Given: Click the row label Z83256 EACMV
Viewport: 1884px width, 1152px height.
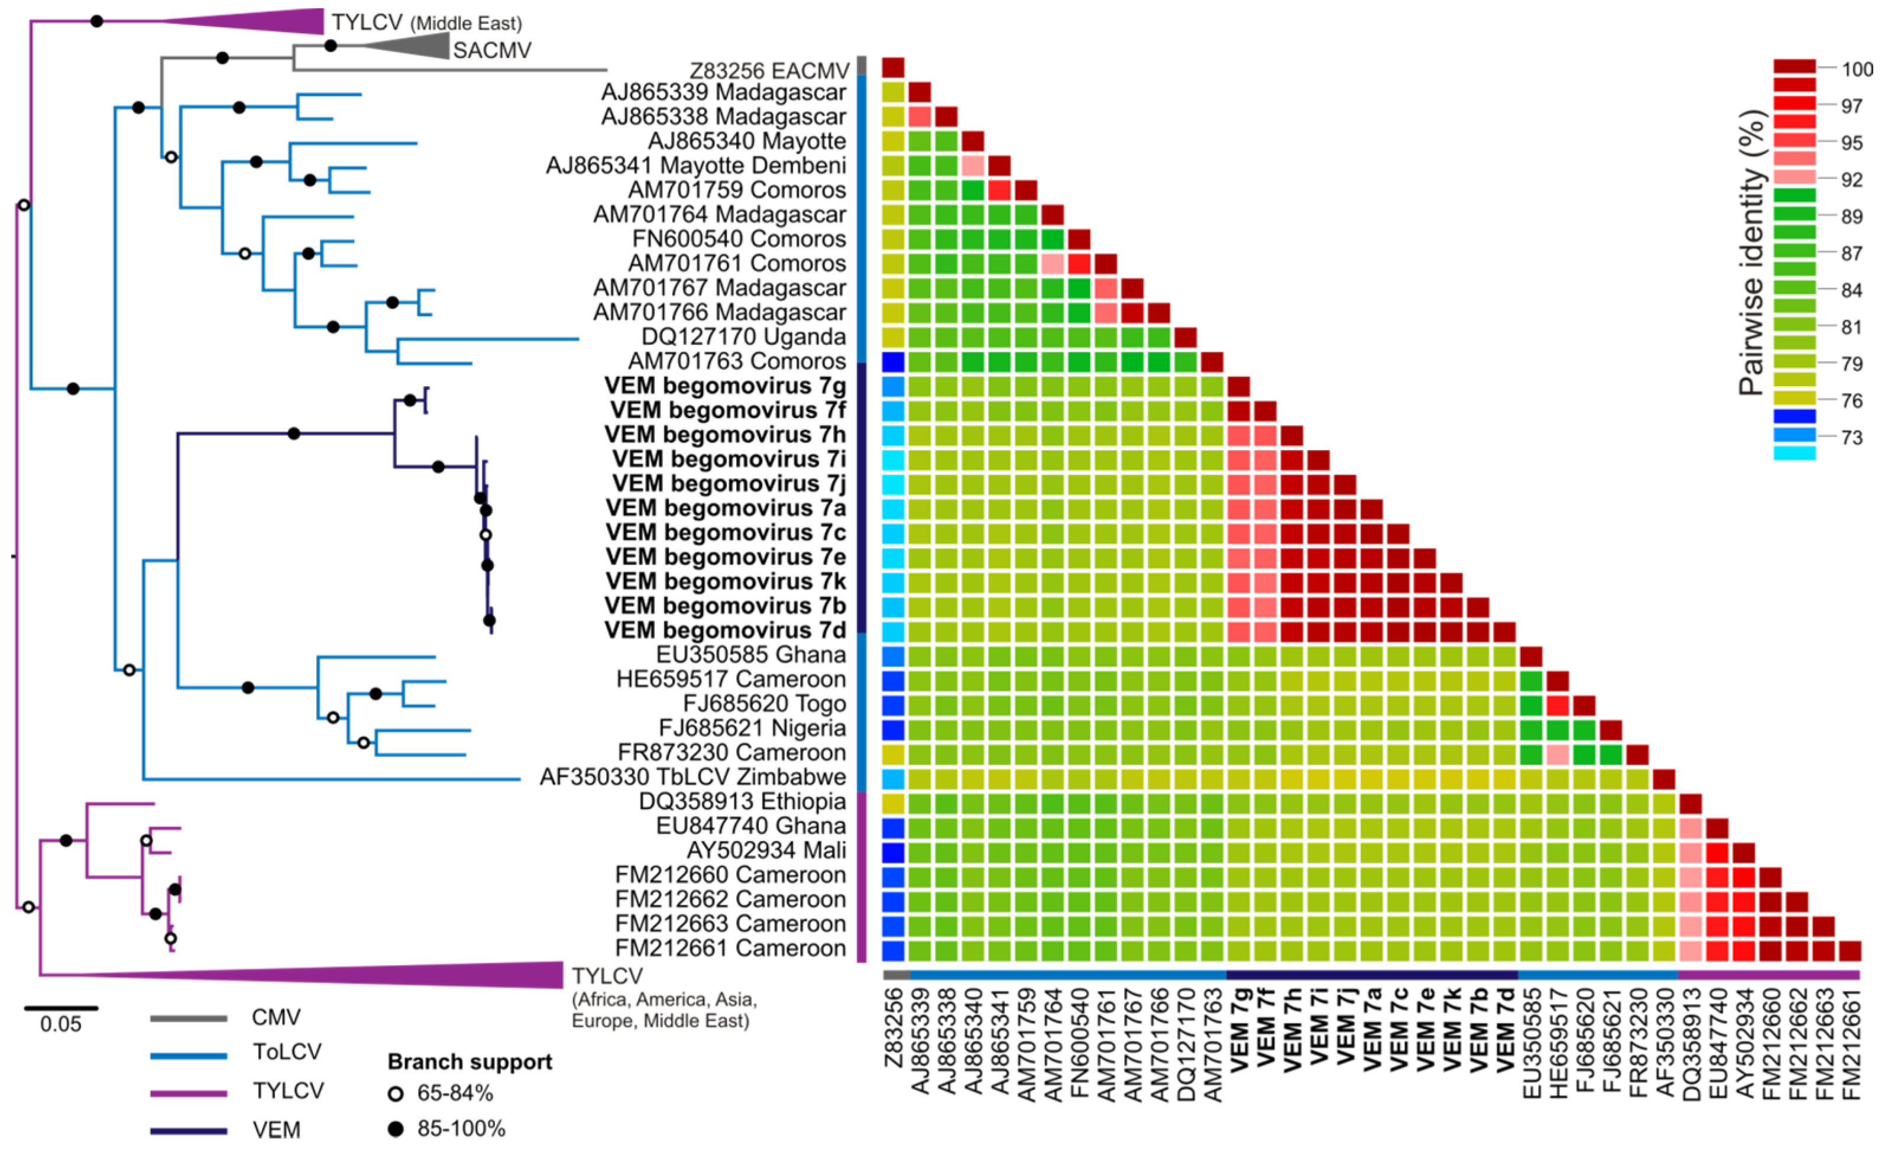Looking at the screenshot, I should (x=768, y=70).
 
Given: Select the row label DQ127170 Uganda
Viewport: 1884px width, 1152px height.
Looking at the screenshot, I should (x=743, y=336).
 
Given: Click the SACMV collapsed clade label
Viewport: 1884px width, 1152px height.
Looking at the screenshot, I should (x=491, y=50).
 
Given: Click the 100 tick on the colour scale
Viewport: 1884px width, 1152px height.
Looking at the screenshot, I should (x=1856, y=69).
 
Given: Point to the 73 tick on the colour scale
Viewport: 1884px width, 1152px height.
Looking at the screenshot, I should (x=1851, y=437).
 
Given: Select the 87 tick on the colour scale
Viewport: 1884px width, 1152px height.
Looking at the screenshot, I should (x=1851, y=253).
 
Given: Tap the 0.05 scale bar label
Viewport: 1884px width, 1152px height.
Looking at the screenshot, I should (x=60, y=1024).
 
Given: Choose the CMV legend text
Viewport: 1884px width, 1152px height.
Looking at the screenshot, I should (x=276, y=1017).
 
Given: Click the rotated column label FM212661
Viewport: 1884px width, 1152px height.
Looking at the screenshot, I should (x=1850, y=1043).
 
